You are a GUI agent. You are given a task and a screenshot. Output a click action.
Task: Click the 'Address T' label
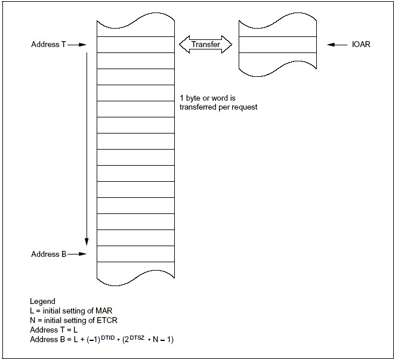click(48, 45)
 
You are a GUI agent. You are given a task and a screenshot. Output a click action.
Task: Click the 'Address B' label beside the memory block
click(48, 254)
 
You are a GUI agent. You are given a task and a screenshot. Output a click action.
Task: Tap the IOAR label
click(361, 45)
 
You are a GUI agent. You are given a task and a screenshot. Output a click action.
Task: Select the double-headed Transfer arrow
click(206, 45)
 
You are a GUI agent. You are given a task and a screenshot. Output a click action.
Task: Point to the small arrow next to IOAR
click(337, 45)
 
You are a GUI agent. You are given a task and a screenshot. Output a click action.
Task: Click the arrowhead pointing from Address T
click(82, 45)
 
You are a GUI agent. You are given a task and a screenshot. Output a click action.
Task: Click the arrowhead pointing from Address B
click(82, 254)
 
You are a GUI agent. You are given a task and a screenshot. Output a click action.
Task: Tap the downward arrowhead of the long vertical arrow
click(87, 241)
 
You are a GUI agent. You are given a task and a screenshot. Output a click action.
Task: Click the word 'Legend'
click(42, 302)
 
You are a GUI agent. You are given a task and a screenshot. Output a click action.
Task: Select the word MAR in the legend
click(104, 311)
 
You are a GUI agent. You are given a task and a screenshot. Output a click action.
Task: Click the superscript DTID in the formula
click(108, 337)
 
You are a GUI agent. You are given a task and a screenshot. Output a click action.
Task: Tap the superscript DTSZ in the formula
click(137, 337)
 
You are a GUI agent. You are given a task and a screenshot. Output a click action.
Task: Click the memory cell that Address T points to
click(136, 45)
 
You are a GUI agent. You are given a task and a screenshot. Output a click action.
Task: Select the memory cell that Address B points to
click(136, 254)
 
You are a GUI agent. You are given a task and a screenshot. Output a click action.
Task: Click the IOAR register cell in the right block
click(277, 45)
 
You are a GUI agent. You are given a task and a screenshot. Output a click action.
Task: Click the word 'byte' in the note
click(193, 98)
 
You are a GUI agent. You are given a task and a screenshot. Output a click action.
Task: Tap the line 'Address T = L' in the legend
click(54, 330)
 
